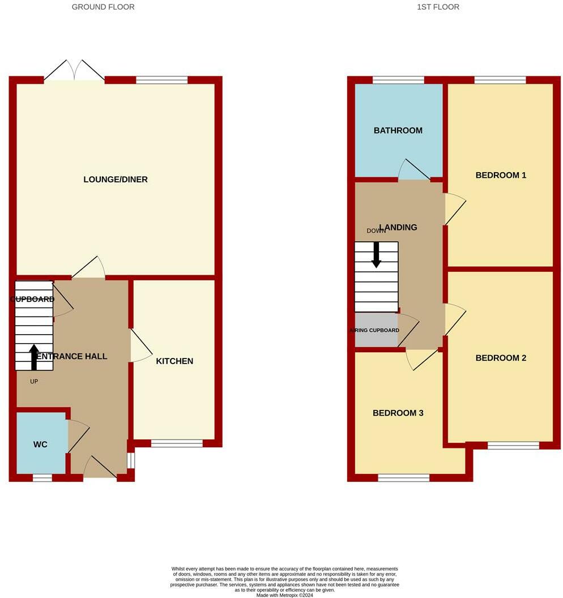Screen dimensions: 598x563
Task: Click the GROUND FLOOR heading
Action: point(103,7)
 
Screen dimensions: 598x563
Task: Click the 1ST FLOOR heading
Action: point(438,7)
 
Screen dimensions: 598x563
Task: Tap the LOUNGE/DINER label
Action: point(116,180)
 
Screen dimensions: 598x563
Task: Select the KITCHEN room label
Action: point(174,361)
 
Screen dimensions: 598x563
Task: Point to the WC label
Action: point(40,445)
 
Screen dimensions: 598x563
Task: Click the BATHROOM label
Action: point(398,130)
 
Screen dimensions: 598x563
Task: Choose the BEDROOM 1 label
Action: point(501,175)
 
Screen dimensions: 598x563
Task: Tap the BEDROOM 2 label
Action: point(501,358)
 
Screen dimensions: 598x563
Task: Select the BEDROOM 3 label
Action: point(398,413)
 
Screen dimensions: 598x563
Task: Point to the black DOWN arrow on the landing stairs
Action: point(376,254)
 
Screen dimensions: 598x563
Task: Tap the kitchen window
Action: point(177,443)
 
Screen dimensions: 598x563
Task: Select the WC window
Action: point(42,478)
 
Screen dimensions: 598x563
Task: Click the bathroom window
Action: point(398,80)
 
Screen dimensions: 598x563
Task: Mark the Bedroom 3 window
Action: point(403,478)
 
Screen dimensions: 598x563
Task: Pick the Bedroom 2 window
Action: point(513,446)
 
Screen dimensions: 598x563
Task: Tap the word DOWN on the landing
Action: point(376,231)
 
